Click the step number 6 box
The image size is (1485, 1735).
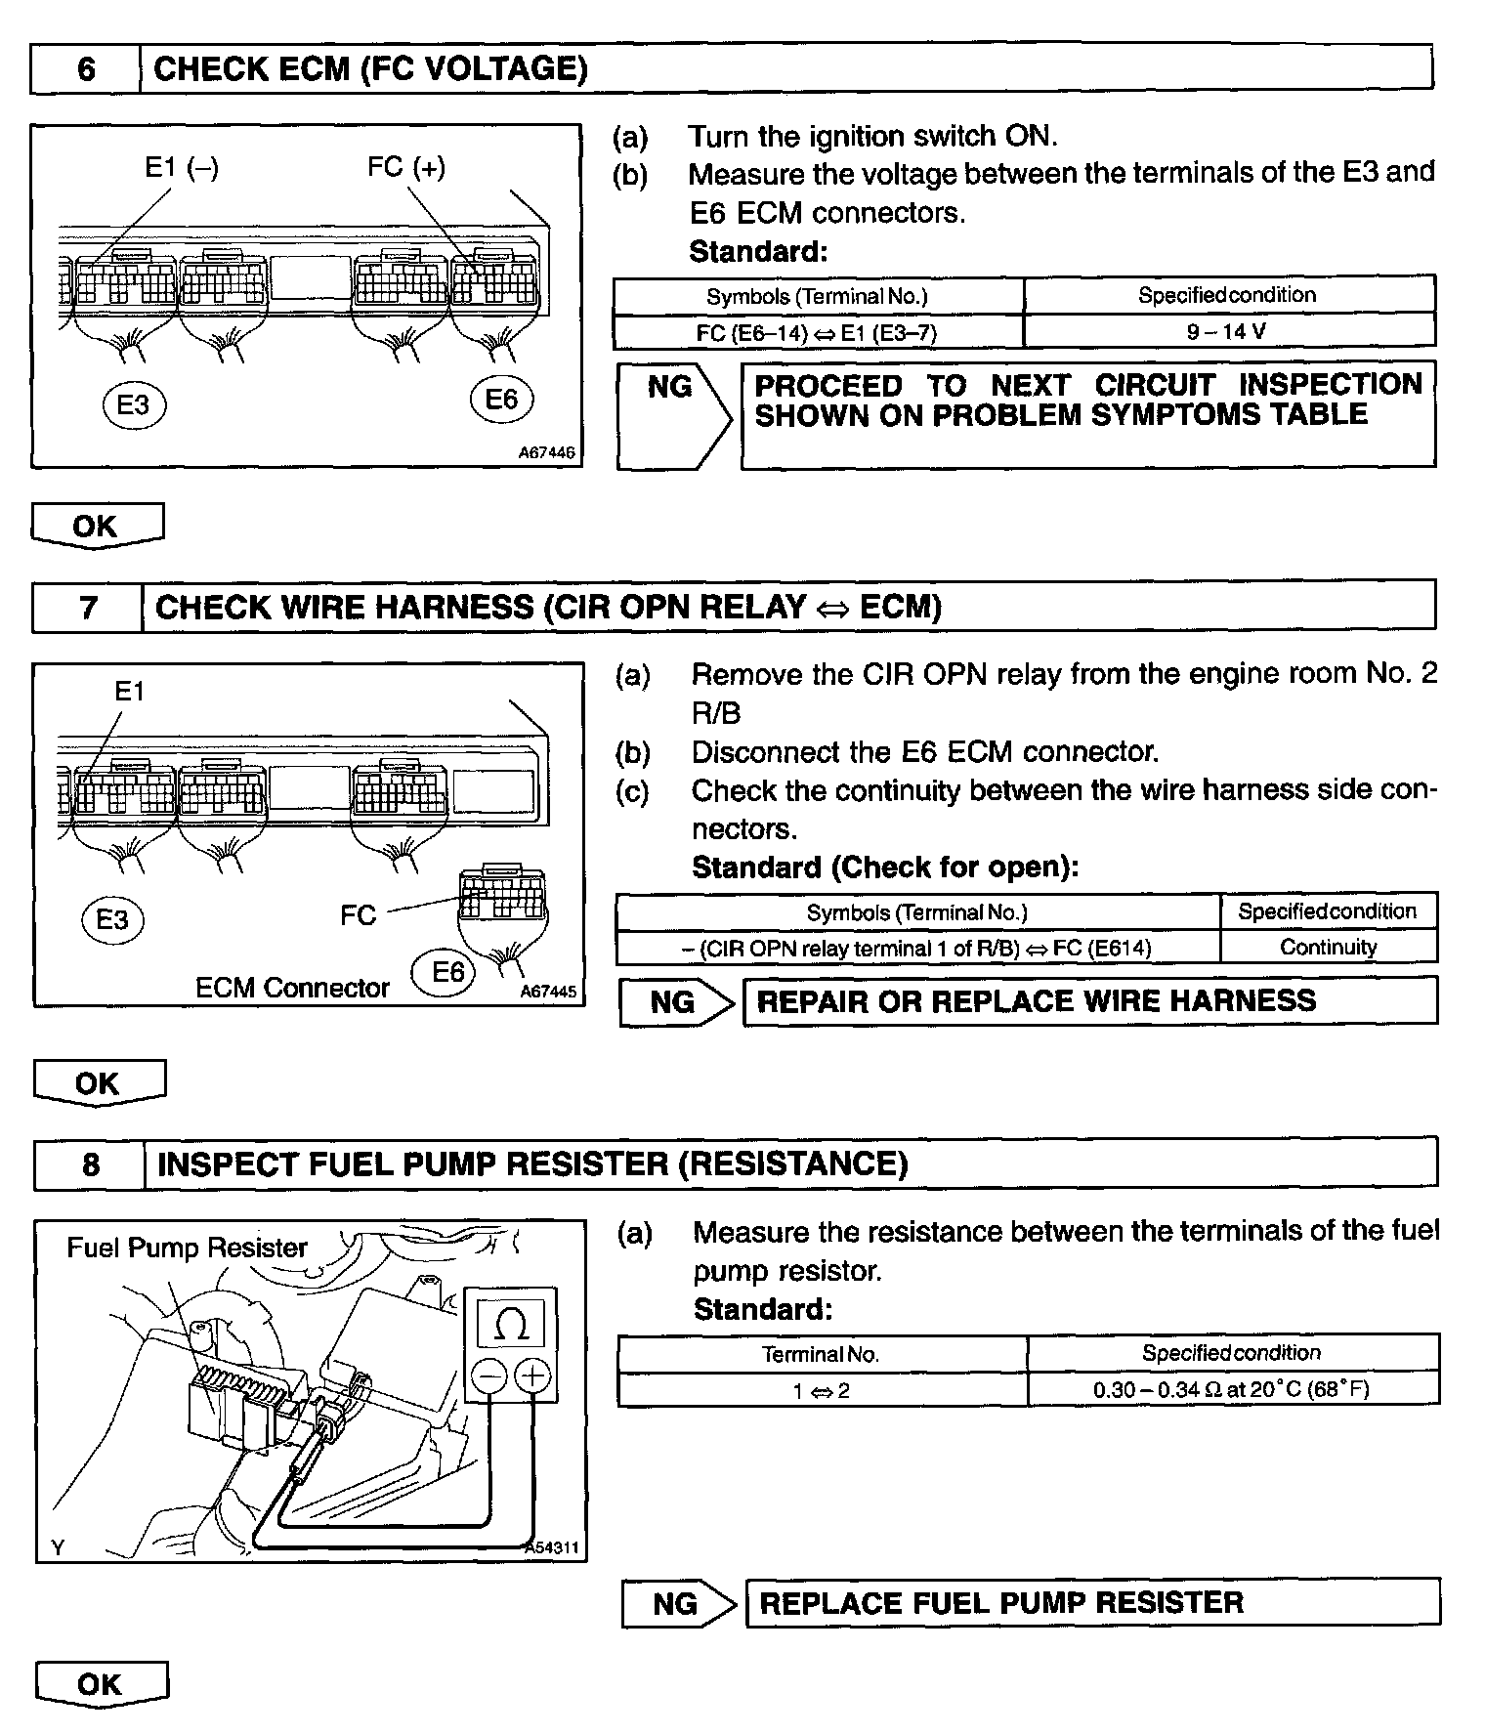coord(86,69)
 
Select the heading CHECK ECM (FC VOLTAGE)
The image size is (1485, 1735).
coord(371,69)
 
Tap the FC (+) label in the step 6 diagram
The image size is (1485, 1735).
coord(406,168)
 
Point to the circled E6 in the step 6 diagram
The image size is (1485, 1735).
coord(501,400)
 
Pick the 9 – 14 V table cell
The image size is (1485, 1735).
coord(1227,331)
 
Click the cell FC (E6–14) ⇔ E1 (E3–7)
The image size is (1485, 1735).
coord(817,333)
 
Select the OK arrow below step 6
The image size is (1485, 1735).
coord(96,527)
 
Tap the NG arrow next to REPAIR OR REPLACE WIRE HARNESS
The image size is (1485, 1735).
coord(675,1001)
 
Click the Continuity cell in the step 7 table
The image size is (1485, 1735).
coord(1328,947)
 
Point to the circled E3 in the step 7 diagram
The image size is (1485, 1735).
coord(112,920)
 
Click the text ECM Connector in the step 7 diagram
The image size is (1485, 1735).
coord(292,988)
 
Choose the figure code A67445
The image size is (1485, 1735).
coord(548,992)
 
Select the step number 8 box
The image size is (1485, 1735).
coord(90,1164)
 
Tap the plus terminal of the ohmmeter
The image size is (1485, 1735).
coord(532,1376)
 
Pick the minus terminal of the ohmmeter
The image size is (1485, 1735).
coord(488,1376)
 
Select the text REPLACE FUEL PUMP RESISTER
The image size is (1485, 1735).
coord(1001,1603)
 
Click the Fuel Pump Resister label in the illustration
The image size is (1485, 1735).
coord(187,1248)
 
